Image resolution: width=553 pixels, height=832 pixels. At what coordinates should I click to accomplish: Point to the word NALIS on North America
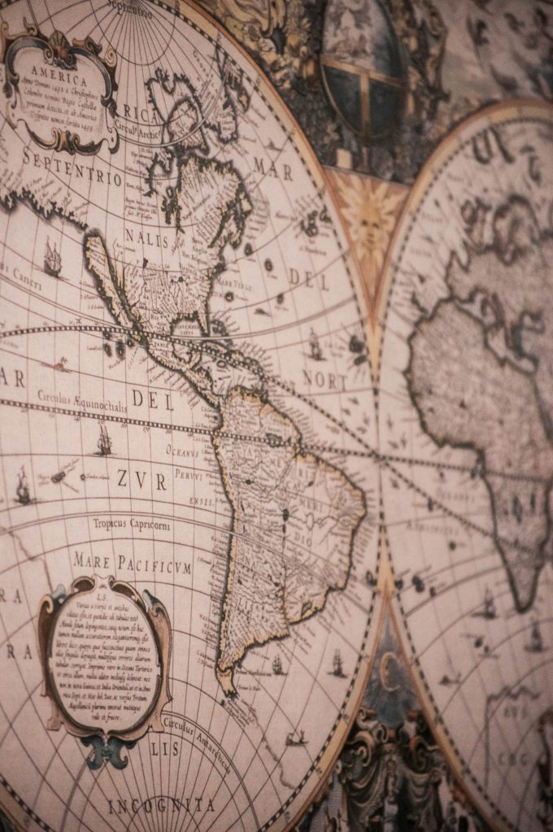(147, 238)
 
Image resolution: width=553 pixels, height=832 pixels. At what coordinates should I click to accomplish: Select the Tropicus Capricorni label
(131, 525)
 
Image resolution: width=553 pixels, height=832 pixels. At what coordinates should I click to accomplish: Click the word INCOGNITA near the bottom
(162, 805)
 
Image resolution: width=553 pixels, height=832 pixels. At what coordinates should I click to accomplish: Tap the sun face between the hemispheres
(368, 220)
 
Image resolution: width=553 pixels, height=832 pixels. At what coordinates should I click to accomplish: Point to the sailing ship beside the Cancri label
(52, 258)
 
